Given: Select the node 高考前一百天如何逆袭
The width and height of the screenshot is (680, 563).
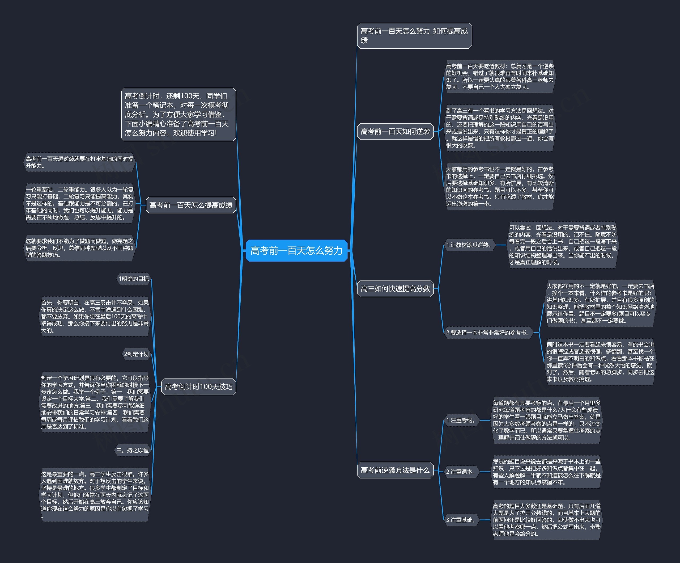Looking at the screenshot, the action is point(395,131).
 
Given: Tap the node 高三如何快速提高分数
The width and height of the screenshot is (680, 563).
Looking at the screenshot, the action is point(395,288).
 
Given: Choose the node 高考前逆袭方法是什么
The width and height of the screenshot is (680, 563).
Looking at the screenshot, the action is point(395,470).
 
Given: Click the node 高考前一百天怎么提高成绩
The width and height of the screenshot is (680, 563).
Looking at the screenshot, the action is point(191,205).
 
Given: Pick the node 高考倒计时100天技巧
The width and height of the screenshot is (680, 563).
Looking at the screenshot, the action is point(198,387).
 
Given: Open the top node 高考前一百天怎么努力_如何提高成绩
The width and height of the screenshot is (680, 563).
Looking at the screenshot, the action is point(414,36).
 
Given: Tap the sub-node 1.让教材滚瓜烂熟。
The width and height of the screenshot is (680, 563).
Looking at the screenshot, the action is point(469,245).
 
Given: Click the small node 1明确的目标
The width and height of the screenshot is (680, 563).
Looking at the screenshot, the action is point(134,279).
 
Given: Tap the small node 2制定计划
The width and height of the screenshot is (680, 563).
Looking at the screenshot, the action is point(136,354).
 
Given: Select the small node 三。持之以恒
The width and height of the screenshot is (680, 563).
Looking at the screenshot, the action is point(133,450).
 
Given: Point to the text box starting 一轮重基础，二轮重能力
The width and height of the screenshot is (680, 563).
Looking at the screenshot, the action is point(79,204).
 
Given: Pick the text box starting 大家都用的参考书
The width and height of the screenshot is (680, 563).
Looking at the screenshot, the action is point(500,186).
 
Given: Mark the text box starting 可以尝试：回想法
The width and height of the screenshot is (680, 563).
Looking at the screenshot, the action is point(562,245).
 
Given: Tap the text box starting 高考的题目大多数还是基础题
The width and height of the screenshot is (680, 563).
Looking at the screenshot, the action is point(546,520).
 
